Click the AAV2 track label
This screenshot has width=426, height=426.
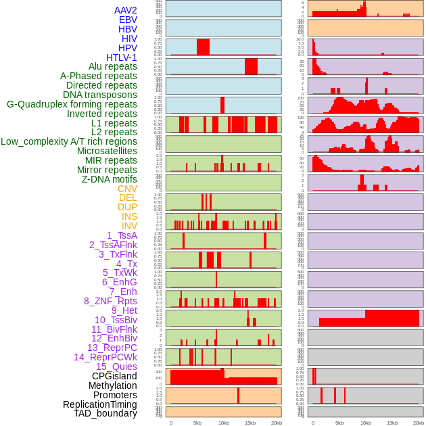click(126, 10)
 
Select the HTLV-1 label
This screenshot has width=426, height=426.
click(122, 57)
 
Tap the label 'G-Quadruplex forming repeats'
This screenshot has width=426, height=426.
click(72, 104)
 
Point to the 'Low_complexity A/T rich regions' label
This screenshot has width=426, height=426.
click(69, 141)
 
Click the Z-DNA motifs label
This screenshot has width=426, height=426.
click(110, 179)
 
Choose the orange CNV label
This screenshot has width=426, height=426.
click(127, 189)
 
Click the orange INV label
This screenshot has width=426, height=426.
click(129, 226)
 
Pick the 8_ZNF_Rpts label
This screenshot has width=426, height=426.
click(110, 301)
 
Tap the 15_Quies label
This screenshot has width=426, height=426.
click(116, 366)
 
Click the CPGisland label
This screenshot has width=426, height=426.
click(114, 376)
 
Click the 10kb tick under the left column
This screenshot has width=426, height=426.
click(224, 423)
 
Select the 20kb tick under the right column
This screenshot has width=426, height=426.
click(419, 423)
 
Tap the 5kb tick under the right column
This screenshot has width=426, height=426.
click(339, 423)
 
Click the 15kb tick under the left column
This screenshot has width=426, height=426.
click(250, 423)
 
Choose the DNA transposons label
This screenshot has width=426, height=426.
click(100, 95)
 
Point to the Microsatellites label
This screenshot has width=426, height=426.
click(107, 151)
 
